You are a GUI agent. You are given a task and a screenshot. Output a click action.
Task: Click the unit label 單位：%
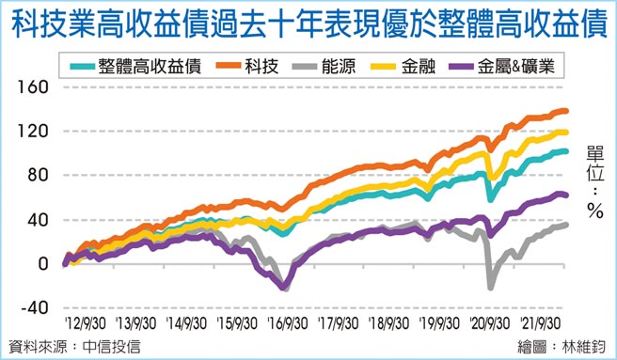594,182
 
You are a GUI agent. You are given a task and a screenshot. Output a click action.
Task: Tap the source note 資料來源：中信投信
73,346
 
